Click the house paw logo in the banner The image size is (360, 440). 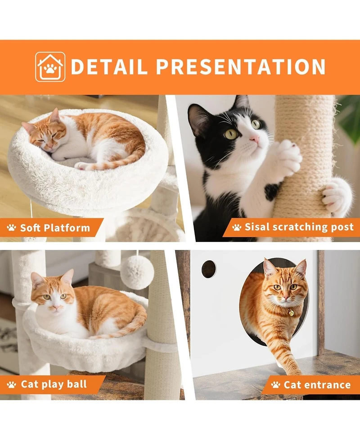[x=50, y=67]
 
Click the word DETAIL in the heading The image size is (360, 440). [x=109, y=67]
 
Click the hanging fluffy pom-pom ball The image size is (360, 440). [x=137, y=272]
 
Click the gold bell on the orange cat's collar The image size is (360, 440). [x=291, y=313]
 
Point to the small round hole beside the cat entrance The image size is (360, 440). [x=208, y=269]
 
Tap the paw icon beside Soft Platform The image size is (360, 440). [x=12, y=228]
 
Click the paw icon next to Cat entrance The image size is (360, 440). [x=274, y=385]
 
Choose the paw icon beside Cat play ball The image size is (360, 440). [x=12, y=385]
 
